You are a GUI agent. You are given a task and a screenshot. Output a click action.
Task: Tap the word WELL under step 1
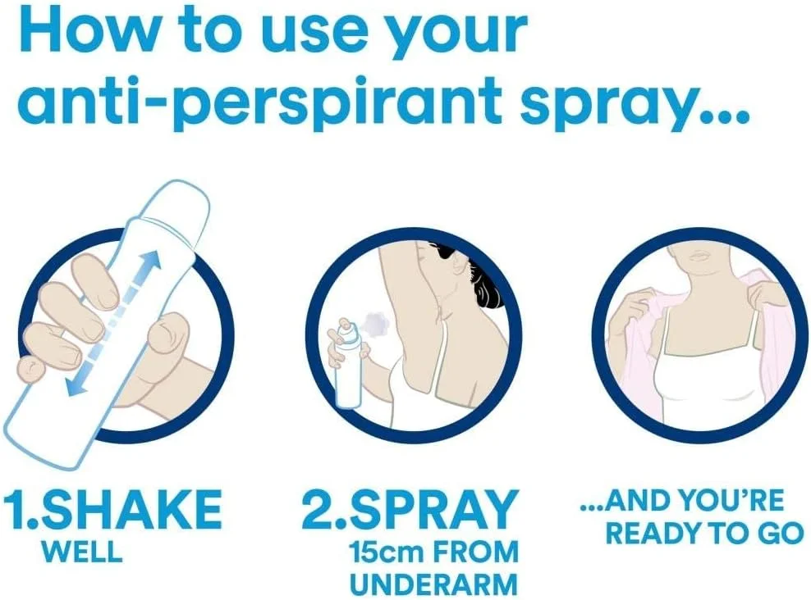tap(82, 551)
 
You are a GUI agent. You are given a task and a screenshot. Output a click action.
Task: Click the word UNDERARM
tap(434, 584)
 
